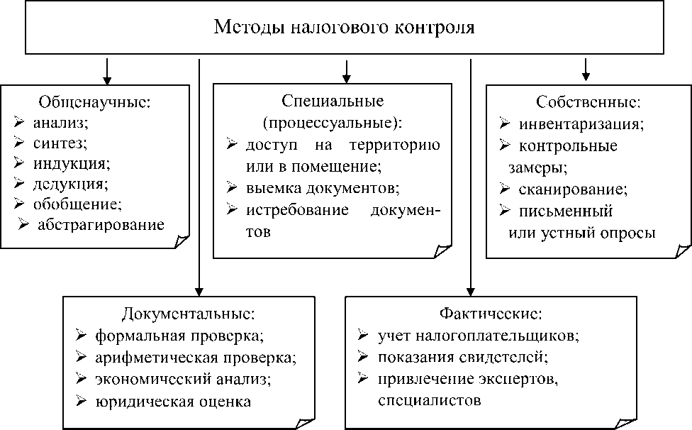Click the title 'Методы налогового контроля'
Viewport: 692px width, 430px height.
(x=345, y=28)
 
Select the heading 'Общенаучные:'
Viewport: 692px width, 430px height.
(x=95, y=101)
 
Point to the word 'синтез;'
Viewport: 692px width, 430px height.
(x=60, y=143)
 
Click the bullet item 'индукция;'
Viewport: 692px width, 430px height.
(x=71, y=163)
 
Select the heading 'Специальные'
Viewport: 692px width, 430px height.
(x=333, y=101)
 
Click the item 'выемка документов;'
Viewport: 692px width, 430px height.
(x=323, y=188)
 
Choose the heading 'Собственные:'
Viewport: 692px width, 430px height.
(x=588, y=101)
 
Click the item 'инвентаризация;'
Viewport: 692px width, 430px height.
(x=581, y=124)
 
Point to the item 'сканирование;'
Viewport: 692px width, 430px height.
(x=573, y=190)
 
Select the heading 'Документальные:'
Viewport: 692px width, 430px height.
(x=188, y=313)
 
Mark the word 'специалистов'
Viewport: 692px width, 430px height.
(x=430, y=400)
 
